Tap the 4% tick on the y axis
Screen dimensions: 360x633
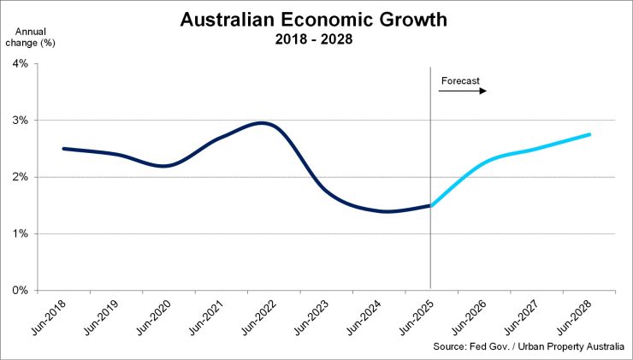[x=20, y=64]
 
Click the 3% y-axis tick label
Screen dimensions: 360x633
[x=20, y=121]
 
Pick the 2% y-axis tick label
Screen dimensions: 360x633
[x=20, y=177]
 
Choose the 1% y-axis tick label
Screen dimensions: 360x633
[x=20, y=233]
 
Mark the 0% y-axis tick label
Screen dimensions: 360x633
[x=20, y=291]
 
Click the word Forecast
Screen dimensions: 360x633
[x=461, y=82]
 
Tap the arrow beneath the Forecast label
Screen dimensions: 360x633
[x=463, y=91]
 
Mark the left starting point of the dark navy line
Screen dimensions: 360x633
[x=64, y=149]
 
